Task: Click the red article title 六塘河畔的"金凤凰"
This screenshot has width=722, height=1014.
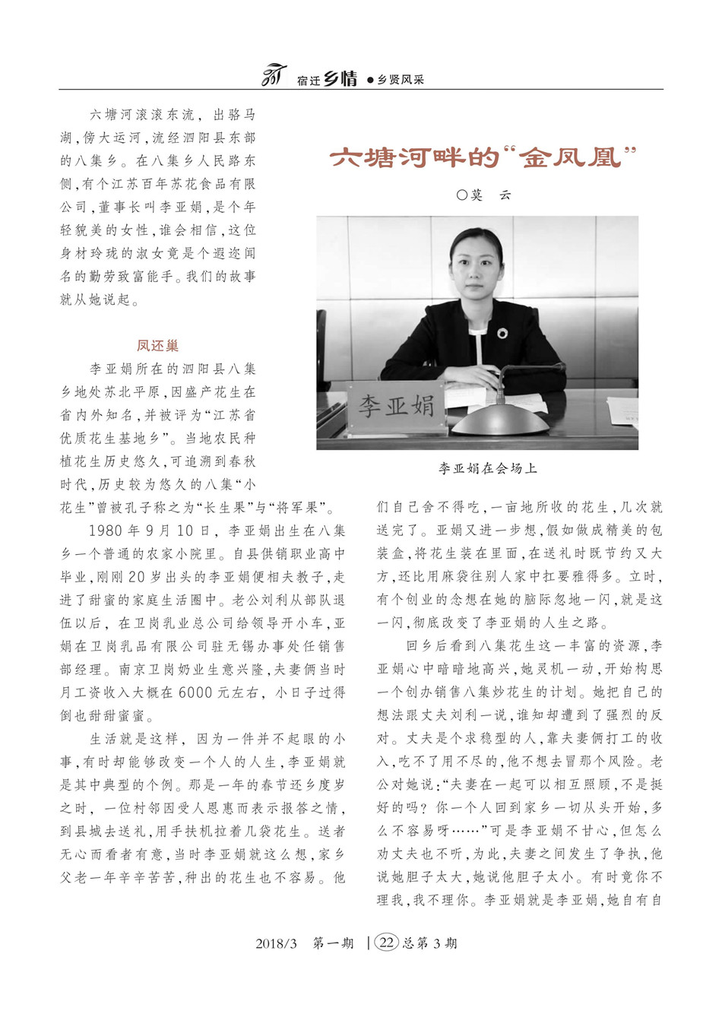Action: click(482, 158)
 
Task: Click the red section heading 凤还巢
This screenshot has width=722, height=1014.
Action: click(158, 346)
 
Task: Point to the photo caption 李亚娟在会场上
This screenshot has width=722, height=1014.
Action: click(487, 469)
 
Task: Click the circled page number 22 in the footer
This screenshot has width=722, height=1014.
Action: click(387, 943)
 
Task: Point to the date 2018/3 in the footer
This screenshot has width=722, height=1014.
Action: click(276, 944)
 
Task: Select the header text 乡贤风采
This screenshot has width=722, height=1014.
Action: click(401, 80)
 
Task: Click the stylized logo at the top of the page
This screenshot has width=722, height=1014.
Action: click(273, 76)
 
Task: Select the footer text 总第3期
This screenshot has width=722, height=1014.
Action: click(429, 944)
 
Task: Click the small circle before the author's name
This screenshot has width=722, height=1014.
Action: click(461, 195)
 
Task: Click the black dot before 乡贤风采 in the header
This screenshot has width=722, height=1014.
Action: click(370, 80)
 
